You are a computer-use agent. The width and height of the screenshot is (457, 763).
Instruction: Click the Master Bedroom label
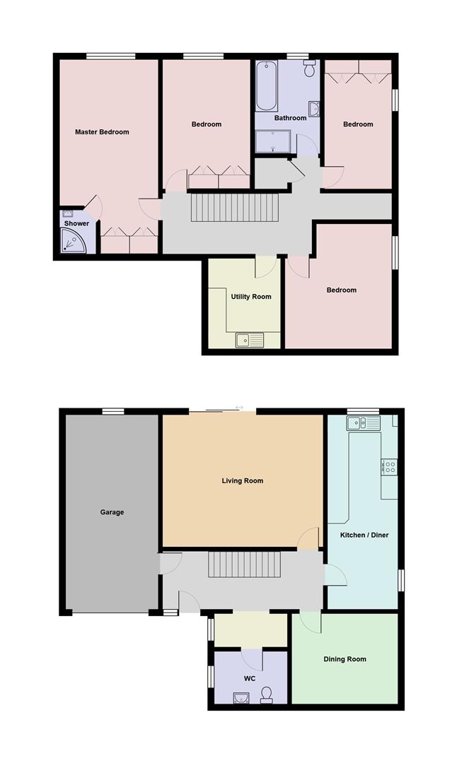102,132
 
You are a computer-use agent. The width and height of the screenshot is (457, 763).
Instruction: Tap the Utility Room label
250,297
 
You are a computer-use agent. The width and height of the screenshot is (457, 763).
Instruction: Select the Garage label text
112,512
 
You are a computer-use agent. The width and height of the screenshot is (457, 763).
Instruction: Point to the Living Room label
242,481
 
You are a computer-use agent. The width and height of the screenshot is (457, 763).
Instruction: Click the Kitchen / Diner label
364,535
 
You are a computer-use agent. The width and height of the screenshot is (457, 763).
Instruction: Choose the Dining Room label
345,659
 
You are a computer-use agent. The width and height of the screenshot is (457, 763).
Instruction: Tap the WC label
249,678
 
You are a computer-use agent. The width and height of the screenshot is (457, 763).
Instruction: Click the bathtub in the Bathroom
266,87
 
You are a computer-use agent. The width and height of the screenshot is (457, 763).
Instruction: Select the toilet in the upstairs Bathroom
309,70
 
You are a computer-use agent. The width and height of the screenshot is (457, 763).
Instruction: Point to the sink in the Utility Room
249,340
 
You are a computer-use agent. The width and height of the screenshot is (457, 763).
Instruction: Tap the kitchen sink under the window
363,423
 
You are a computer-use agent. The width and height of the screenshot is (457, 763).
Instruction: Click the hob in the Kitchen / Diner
390,466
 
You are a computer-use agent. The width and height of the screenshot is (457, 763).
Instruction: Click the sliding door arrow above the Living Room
239,408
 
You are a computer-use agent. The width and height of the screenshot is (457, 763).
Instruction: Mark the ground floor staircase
244,564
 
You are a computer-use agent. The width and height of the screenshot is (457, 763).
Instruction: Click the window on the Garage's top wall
112,411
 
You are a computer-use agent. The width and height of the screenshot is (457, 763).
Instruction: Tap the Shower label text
76,223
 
